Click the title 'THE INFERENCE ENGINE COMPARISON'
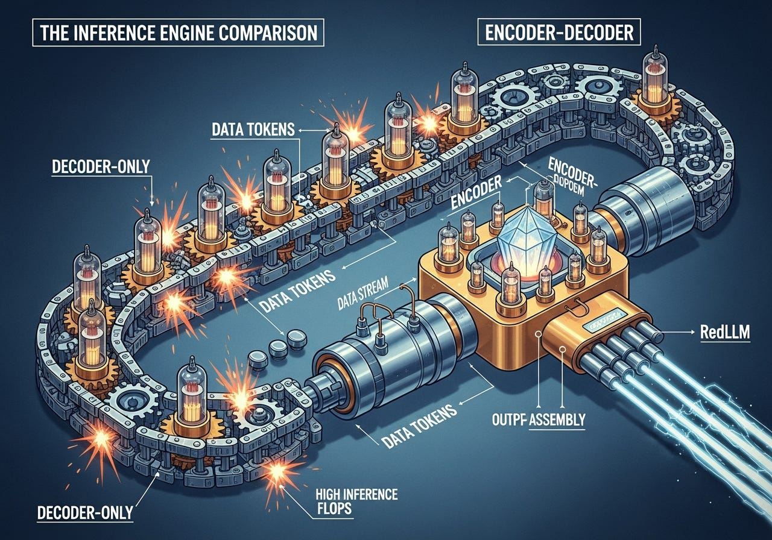tap(179, 33)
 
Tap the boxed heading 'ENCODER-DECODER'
tap(555, 33)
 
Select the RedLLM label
tap(726, 332)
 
